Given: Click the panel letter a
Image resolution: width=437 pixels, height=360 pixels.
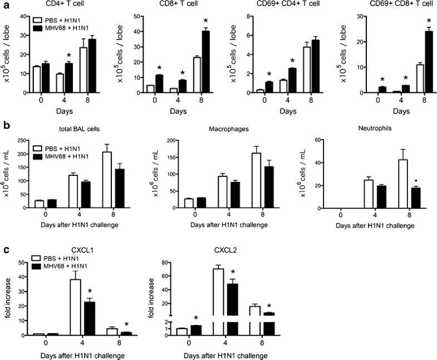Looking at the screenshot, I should [x=5, y=5].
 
